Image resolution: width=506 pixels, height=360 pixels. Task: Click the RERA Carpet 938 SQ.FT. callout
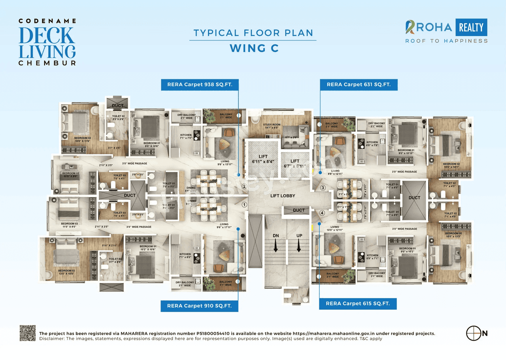click(x=199, y=84)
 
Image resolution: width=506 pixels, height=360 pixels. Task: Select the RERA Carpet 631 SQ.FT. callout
click(x=359, y=84)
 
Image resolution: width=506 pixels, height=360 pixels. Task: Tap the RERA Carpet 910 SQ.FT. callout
click(x=199, y=306)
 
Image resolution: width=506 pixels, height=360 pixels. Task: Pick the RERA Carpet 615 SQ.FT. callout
click(x=358, y=304)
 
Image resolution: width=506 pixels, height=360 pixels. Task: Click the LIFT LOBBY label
click(x=283, y=196)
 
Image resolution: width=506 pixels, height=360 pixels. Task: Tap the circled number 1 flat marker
click(x=244, y=205)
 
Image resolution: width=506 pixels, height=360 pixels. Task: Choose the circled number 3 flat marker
click(x=323, y=188)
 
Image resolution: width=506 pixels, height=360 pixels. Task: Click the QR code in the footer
click(x=28, y=333)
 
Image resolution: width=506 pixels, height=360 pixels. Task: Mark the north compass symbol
click(x=473, y=333)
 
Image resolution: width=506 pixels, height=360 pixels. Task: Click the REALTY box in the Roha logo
click(x=471, y=27)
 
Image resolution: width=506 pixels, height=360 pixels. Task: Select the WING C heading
click(x=254, y=48)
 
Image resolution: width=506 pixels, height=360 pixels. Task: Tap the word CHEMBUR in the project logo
click(x=47, y=63)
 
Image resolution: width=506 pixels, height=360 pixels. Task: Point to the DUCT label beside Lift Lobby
click(x=299, y=210)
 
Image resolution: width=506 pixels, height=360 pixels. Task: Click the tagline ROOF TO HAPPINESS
click(x=446, y=41)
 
